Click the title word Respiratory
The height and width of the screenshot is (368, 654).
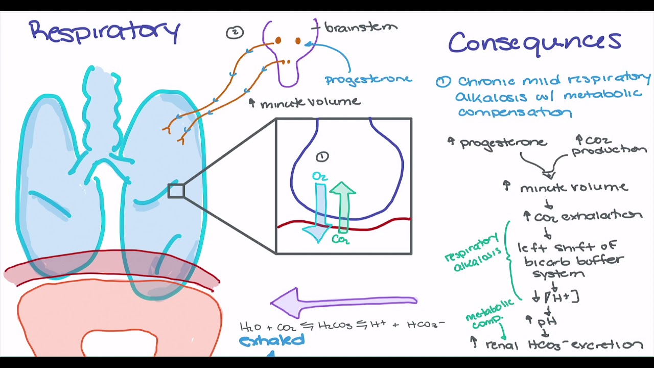pyautogui.click(x=105, y=32)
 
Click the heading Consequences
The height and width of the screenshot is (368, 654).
pyautogui.click(x=535, y=44)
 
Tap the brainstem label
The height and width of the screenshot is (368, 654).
pyautogui.click(x=361, y=28)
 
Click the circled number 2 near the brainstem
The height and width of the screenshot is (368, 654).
pyautogui.click(x=235, y=32)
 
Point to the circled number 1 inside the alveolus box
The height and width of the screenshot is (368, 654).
pyautogui.click(x=322, y=157)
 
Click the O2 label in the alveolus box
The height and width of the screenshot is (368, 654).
pyautogui.click(x=320, y=176)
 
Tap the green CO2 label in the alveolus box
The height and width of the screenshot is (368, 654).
pyautogui.click(x=340, y=240)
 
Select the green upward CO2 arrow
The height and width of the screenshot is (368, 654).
pyautogui.click(x=343, y=208)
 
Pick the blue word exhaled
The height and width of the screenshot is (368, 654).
pyautogui.click(x=271, y=340)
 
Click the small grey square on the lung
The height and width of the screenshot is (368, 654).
pyautogui.click(x=176, y=191)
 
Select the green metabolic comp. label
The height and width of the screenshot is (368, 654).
pyautogui.click(x=489, y=314)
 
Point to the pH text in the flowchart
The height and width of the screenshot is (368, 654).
pyautogui.click(x=547, y=321)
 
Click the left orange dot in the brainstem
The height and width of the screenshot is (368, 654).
pyautogui.click(x=278, y=40)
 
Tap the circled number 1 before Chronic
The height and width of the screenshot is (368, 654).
pyautogui.click(x=443, y=82)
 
